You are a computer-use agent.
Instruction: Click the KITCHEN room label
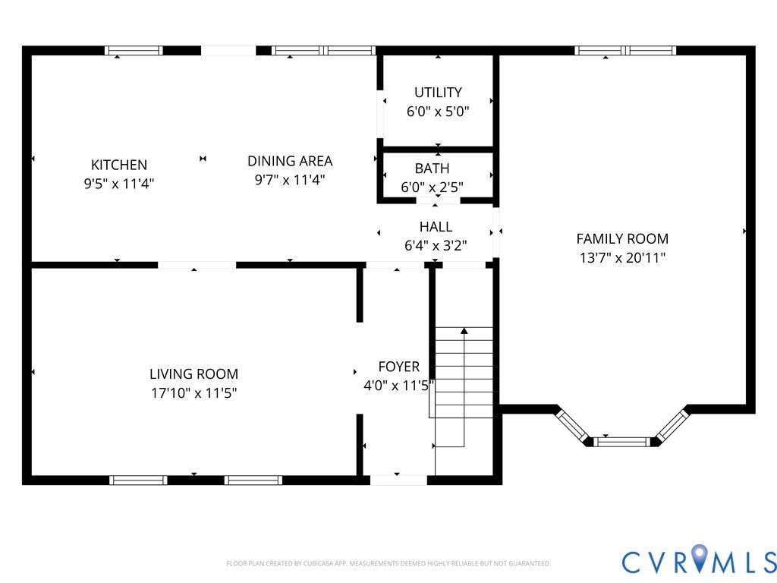pyautogui.click(x=119, y=165)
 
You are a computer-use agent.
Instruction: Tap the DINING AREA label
pyautogui.click(x=290, y=161)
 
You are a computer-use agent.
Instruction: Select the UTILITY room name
pyautogui.click(x=438, y=92)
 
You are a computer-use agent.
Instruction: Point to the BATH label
pyautogui.click(x=432, y=169)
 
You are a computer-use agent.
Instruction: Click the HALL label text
pyautogui.click(x=436, y=226)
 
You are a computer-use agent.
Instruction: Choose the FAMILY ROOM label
pyautogui.click(x=622, y=239)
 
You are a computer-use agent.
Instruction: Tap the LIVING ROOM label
pyautogui.click(x=193, y=373)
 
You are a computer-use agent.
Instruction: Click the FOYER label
pyautogui.click(x=399, y=367)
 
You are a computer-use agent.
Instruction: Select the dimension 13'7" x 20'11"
pyautogui.click(x=622, y=258)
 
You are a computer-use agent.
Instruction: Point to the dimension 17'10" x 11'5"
pyautogui.click(x=193, y=392)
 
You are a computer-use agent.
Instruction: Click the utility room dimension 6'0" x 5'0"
pyautogui.click(x=438, y=111)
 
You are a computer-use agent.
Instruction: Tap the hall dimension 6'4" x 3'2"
pyautogui.click(x=436, y=245)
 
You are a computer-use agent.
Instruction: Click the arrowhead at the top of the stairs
pyautogui.click(x=464, y=330)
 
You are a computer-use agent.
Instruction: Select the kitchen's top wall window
pyautogui.click(x=134, y=51)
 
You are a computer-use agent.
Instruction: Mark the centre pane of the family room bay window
pyautogui.click(x=621, y=442)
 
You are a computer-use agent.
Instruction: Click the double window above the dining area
pyautogui.click(x=323, y=51)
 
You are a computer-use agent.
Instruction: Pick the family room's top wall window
pyautogui.click(x=625, y=51)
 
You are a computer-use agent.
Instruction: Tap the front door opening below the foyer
pyautogui.click(x=398, y=480)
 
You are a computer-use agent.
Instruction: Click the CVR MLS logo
pyautogui.click(x=699, y=561)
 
